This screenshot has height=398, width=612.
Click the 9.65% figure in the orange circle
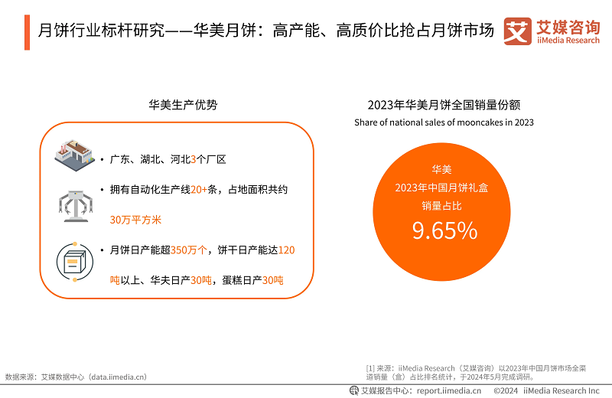tap(444, 230)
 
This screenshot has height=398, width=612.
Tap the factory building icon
tap(74, 155)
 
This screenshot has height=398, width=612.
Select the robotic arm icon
tap(75, 206)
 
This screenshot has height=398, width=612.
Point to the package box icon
tap(75, 262)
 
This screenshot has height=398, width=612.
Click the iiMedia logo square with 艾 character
tap(518, 31)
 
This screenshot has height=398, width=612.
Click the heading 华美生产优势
tap(183, 105)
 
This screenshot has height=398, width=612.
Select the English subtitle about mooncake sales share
tap(444, 122)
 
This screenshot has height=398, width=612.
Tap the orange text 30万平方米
tap(135, 220)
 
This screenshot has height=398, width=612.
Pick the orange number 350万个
tap(188, 250)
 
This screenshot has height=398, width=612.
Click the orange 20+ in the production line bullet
tap(199, 189)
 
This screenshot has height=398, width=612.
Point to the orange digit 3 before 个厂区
tap(194, 159)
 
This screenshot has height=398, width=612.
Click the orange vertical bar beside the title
tap(27, 32)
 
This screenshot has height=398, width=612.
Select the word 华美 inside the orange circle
tap(441, 169)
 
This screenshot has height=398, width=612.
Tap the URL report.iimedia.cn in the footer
tap(449, 390)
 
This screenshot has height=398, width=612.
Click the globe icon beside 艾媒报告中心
tap(354, 390)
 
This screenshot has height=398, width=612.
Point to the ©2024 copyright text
tap(506, 390)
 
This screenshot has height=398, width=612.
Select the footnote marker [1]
tap(370, 368)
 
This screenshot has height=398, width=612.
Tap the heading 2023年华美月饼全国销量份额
tap(444, 105)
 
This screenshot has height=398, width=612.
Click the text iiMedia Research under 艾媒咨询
tap(568, 41)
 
